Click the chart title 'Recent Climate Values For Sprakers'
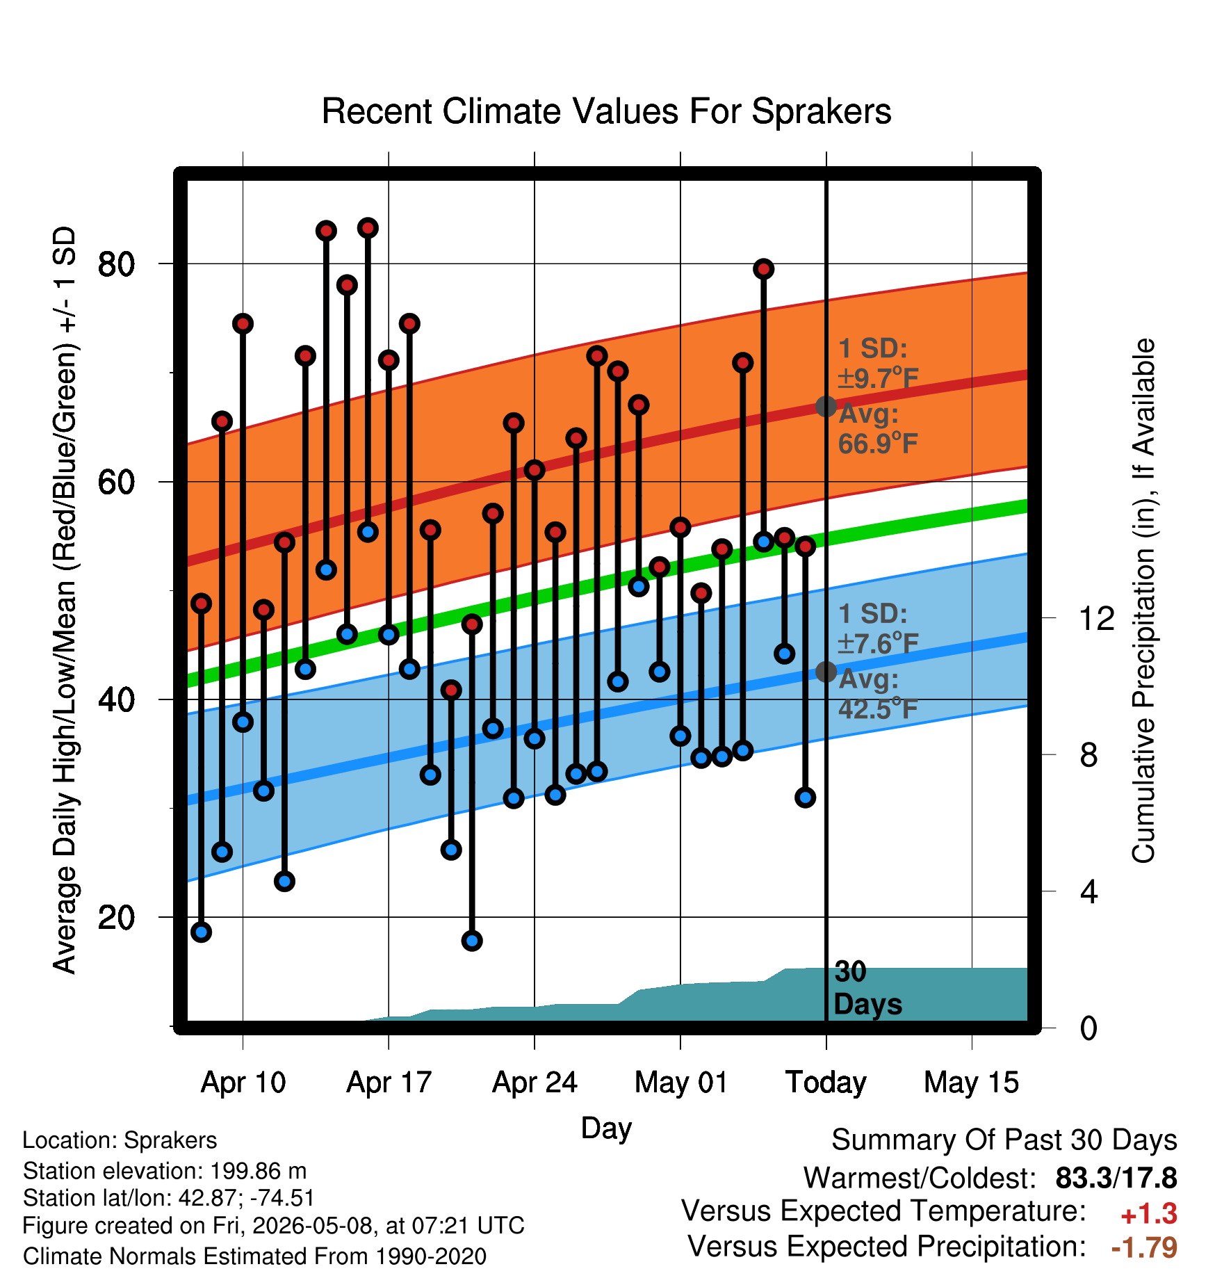(606, 111)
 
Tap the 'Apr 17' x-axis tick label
(389, 1083)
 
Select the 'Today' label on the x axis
(826, 1083)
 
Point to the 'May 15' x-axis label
(972, 1083)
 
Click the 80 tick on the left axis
(116, 264)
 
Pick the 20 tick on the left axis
(116, 918)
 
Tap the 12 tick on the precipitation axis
(1096, 618)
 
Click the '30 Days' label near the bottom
(867, 988)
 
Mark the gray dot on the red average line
(826, 406)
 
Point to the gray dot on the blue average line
(826, 672)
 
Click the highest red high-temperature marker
(368, 228)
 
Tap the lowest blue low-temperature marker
(472, 941)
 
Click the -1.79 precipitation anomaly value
(1145, 1247)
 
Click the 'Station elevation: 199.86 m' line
(165, 1171)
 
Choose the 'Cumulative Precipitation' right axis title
(1143, 601)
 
